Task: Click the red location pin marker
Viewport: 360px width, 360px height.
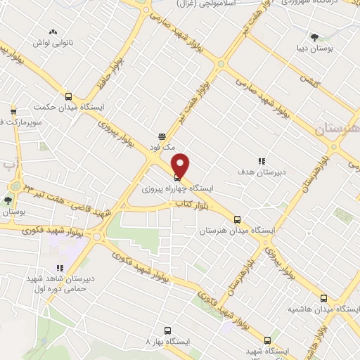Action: tap(181, 165)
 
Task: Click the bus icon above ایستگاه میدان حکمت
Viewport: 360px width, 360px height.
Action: tap(68, 97)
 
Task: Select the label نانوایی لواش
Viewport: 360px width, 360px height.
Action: tap(52, 43)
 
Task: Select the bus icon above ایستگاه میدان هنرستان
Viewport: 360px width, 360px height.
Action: tap(238, 219)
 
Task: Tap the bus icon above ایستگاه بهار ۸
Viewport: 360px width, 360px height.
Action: tap(167, 330)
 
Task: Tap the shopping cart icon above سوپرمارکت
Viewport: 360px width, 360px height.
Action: tap(13, 111)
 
